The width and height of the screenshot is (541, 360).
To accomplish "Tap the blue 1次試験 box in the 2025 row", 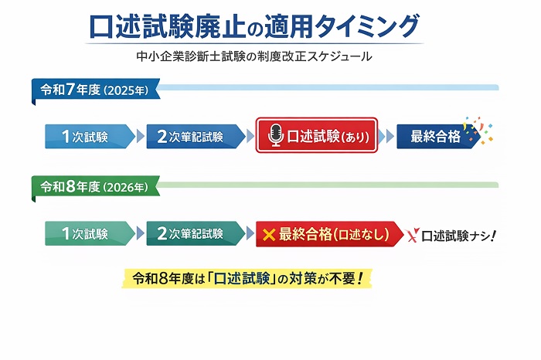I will tap(88, 137).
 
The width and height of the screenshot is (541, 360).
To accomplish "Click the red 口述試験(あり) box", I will tap(317, 137).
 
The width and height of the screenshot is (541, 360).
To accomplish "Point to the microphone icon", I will tap(275, 137).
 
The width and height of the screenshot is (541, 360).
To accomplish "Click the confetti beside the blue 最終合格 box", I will tap(477, 130).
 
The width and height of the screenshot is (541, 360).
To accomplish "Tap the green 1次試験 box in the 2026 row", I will tap(88, 233).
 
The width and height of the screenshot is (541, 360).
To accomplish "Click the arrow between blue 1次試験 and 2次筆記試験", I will tap(140, 137).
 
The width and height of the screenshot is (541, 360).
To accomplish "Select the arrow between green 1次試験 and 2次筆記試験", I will tap(140, 233).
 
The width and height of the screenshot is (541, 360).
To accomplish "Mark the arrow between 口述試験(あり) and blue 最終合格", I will tap(386, 137).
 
